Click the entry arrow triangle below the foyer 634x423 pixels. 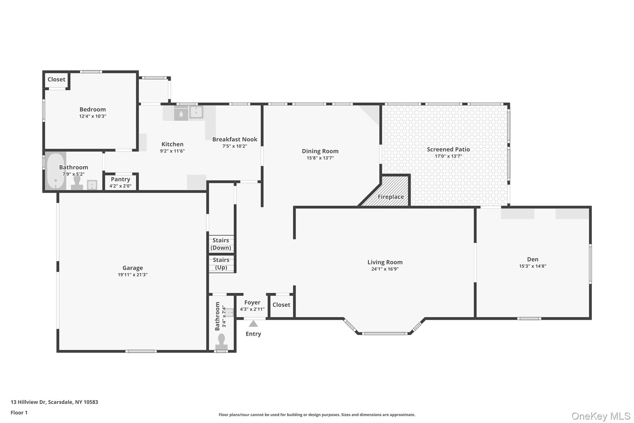pos(253,324)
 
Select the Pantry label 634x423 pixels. pos(120,179)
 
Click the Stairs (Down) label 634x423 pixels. pos(221,244)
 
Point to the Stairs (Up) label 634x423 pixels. pos(221,264)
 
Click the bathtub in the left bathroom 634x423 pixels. pos(56,171)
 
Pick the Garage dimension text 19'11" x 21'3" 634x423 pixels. pos(132,275)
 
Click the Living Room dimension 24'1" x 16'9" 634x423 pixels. pos(385,269)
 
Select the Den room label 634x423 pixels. pos(533,259)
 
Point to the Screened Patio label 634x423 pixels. pos(448,149)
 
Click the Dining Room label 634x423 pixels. pos(320,151)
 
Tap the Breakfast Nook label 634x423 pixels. pos(235,139)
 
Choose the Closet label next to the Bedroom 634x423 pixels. pos(56,79)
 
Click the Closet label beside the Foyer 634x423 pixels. pos(281,305)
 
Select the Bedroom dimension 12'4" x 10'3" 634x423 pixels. pos(93,116)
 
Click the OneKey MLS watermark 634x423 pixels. pos(601,416)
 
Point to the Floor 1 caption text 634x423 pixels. pos(19,412)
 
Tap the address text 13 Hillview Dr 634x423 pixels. pos(28,402)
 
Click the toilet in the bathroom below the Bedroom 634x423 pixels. pos(77,183)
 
